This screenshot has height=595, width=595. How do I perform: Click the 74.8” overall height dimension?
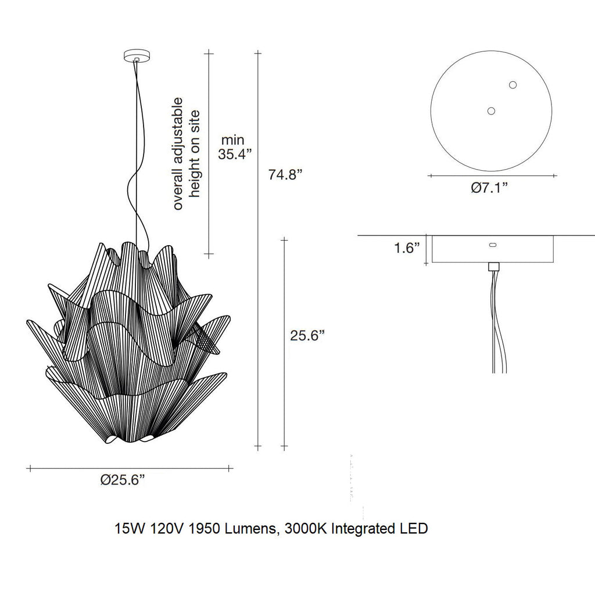point(285,174)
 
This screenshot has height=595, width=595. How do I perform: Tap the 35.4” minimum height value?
point(235,155)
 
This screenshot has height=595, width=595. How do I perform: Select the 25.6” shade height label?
point(307,335)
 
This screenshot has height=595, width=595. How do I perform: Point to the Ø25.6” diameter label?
point(122,480)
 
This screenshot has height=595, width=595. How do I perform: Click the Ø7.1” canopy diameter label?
point(489,188)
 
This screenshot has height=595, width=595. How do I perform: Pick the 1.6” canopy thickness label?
point(407,249)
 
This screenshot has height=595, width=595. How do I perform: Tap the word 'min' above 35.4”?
point(235,140)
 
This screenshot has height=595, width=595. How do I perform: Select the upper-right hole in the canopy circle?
point(512,85)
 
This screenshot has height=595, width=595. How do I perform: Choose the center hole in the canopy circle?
point(491,110)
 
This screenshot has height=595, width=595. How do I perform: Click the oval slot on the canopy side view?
point(493,246)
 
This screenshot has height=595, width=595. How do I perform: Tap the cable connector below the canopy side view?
point(494,267)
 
